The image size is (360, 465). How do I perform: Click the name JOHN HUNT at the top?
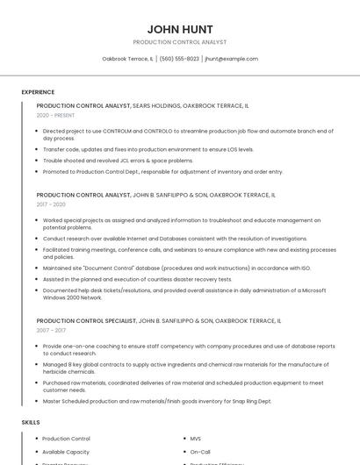tap(180, 29)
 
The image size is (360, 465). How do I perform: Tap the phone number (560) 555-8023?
tap(179, 59)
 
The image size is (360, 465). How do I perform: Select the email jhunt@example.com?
tap(231, 59)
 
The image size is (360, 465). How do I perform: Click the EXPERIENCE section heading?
tap(38, 92)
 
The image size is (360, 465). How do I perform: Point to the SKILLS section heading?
tap(31, 423)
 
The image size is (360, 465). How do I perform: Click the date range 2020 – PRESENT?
tap(55, 115)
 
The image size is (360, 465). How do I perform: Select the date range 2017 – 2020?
tap(51, 204)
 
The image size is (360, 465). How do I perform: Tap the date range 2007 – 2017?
tap(51, 331)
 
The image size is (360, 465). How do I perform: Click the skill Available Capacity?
tap(66, 452)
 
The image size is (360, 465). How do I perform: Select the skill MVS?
tap(196, 438)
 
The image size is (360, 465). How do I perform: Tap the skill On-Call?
tap(200, 452)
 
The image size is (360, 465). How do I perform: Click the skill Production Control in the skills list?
tap(66, 438)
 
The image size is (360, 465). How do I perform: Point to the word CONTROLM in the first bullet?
tap(116, 131)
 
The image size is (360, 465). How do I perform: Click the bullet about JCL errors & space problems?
tap(118, 161)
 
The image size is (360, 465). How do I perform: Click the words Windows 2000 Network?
tap(67, 297)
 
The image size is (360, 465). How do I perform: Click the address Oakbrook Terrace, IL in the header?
tap(127, 59)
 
